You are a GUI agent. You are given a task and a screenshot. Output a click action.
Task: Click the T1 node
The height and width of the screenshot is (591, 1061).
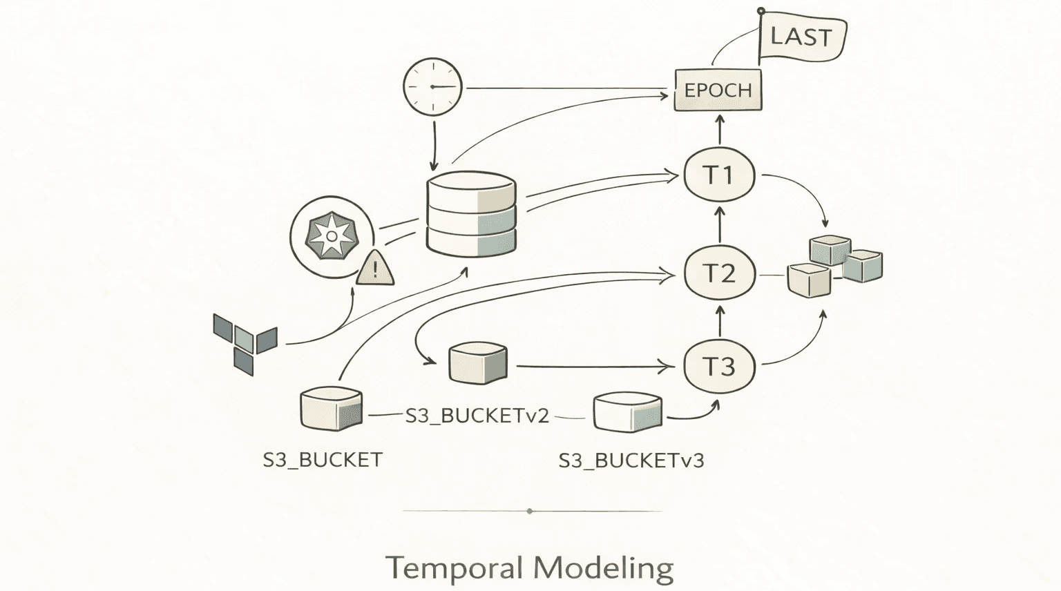click(719, 175)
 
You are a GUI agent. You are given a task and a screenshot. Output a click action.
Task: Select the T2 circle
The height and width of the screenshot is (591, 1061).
click(719, 273)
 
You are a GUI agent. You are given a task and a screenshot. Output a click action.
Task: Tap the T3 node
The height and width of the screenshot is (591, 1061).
click(719, 366)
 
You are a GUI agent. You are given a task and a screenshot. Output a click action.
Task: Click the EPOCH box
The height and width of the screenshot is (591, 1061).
click(718, 90)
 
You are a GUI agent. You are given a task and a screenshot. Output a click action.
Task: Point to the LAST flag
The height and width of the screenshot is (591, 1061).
click(801, 37)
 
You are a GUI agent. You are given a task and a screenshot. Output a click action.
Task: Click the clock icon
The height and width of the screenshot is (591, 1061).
click(432, 87)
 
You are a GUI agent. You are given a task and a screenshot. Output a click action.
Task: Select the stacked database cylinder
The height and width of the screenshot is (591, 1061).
click(471, 214)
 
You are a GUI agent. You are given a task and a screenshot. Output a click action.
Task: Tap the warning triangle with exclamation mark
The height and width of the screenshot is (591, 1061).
click(375, 269)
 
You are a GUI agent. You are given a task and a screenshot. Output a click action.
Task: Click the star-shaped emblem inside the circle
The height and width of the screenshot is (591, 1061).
click(332, 236)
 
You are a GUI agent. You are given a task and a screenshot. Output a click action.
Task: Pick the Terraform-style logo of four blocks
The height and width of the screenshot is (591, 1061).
click(245, 341)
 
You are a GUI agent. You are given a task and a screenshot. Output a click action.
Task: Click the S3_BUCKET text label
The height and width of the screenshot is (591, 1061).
click(323, 460)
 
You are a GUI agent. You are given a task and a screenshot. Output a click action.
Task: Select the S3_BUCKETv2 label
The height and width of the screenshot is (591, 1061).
click(477, 416)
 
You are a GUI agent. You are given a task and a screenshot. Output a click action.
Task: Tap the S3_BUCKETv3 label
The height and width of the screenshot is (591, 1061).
click(631, 461)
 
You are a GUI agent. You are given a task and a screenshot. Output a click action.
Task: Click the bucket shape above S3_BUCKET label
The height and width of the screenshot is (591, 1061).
click(332, 409)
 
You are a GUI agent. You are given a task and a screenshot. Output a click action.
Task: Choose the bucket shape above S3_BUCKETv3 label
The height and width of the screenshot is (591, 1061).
click(627, 411)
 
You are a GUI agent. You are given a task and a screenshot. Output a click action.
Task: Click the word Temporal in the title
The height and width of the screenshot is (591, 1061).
click(454, 568)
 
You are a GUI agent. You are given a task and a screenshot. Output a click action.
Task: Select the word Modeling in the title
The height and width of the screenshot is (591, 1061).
click(603, 569)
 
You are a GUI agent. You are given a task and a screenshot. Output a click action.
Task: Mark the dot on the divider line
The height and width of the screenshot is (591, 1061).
click(530, 511)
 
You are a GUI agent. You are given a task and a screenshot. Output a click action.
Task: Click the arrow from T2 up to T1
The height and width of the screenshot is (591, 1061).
click(720, 224)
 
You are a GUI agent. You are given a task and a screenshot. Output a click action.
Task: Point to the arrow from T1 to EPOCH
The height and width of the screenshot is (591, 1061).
click(720, 129)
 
